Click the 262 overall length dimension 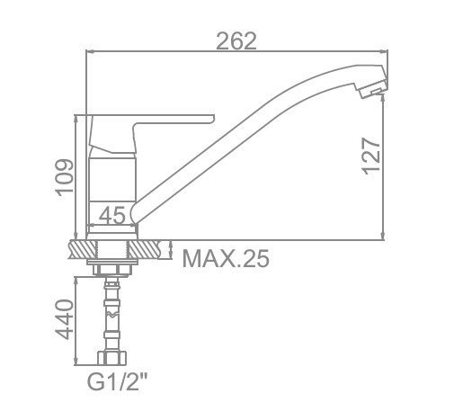click(236, 40)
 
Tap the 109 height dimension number click(65, 178)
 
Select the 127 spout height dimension click(371, 156)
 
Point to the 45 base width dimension click(111, 216)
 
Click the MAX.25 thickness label click(226, 258)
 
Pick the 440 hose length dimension click(64, 319)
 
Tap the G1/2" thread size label click(118, 381)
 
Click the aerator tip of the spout click(373, 90)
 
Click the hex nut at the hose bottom click(111, 358)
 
